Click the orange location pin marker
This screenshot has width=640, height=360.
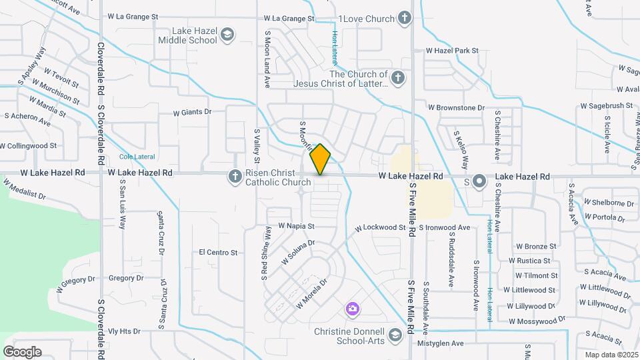pyautogui.click(x=321, y=159)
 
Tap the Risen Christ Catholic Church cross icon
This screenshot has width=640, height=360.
pyautogui.click(x=235, y=176)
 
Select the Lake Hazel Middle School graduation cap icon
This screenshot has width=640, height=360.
pyautogui.click(x=227, y=35)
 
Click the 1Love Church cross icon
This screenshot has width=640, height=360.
pyautogui.click(x=404, y=18)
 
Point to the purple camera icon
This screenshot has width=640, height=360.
pyautogui.click(x=352, y=309)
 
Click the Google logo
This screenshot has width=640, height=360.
pyautogui.click(x=22, y=352)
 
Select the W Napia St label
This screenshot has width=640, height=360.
pyautogui.click(x=296, y=227)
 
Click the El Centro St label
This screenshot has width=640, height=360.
pyautogui.click(x=218, y=253)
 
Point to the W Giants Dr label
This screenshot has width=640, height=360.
pyautogui.click(x=192, y=113)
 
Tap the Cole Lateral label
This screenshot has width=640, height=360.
pyautogui.click(x=137, y=157)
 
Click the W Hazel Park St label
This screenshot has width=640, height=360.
pyautogui.click(x=453, y=51)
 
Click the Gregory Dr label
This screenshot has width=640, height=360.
pyautogui.click(x=126, y=278)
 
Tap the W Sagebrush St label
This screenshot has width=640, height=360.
pyautogui.click(x=606, y=105)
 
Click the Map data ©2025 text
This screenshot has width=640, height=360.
pyautogui.click(x=611, y=355)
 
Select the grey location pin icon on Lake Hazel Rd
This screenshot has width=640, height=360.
pyautogui.click(x=479, y=181)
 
